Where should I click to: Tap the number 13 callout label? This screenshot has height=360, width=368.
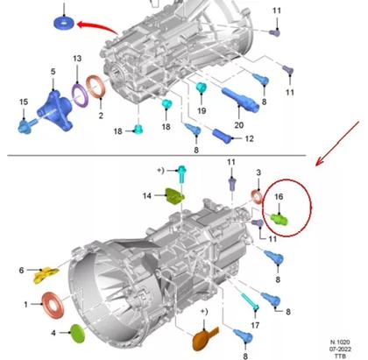tap(77, 58)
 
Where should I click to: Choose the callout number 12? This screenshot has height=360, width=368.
tap(248, 139)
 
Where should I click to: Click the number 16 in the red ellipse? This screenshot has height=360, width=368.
tap(280, 199)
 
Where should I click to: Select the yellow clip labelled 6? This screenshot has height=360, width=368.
tap(40, 278)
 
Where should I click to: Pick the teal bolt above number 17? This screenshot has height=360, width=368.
tap(248, 303)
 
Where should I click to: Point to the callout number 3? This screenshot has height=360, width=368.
tap(258, 175)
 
